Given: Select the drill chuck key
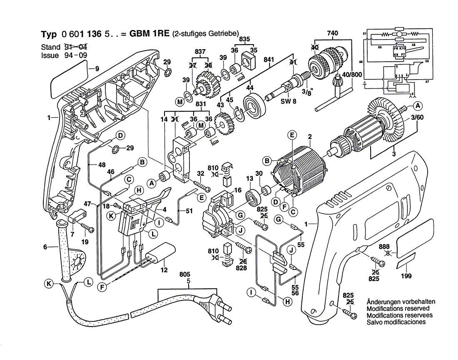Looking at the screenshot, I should click(x=335, y=96).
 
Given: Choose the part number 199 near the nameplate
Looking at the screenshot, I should click(x=406, y=276).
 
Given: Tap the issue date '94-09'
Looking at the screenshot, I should click(x=75, y=55).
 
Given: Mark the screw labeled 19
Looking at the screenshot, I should click(x=89, y=227).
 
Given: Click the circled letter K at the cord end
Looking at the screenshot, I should click(x=49, y=283).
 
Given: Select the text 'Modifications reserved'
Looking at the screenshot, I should click(x=398, y=308).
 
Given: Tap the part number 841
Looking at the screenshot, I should click(x=269, y=60).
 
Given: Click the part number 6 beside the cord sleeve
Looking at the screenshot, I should click(x=45, y=247).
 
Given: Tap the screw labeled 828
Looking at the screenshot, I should click(x=247, y=249).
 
